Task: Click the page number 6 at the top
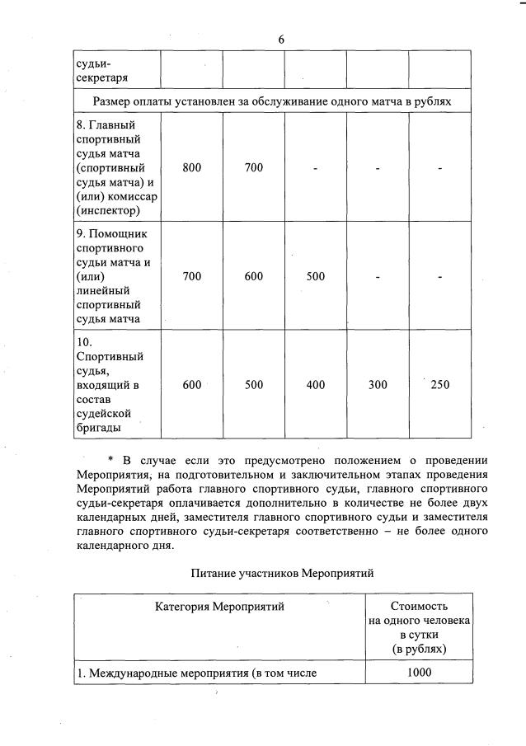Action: tap(281, 40)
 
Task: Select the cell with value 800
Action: tap(192, 168)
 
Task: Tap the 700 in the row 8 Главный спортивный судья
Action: tap(254, 168)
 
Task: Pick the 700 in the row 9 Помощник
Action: tap(192, 277)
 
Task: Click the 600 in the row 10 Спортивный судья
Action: tap(192, 385)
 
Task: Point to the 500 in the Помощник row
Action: tap(316, 277)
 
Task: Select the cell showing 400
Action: tap(316, 385)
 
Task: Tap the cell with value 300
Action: tap(378, 385)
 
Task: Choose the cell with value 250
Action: tap(440, 385)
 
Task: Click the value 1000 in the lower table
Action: tap(419, 673)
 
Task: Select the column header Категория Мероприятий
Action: tap(219, 608)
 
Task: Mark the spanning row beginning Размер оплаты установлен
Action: tap(272, 101)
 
